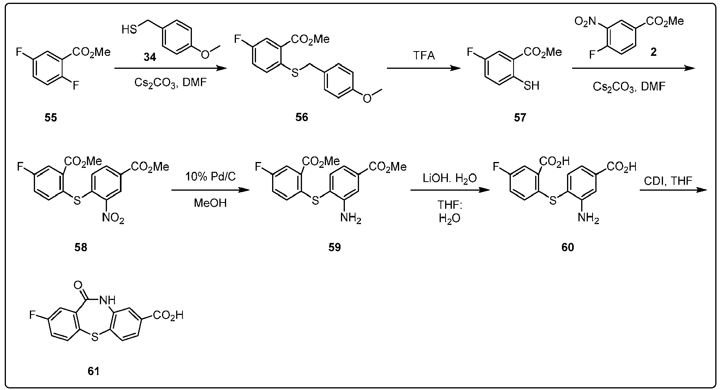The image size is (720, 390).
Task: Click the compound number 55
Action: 51,118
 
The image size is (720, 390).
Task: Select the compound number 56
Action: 302,118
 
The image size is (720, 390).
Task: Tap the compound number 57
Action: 520,118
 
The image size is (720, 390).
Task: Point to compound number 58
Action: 81,247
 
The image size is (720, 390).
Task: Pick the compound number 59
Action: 335,247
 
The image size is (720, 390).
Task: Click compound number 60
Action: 568,247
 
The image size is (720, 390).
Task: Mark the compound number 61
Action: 93,371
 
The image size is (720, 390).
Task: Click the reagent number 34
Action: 149,58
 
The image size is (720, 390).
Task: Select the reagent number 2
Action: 653,52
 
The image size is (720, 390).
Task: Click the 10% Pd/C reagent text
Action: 210,177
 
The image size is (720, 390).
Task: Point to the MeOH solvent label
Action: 210,203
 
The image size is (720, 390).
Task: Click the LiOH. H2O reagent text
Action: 450,179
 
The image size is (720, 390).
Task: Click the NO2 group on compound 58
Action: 114,218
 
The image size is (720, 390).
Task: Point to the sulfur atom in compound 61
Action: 94,337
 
